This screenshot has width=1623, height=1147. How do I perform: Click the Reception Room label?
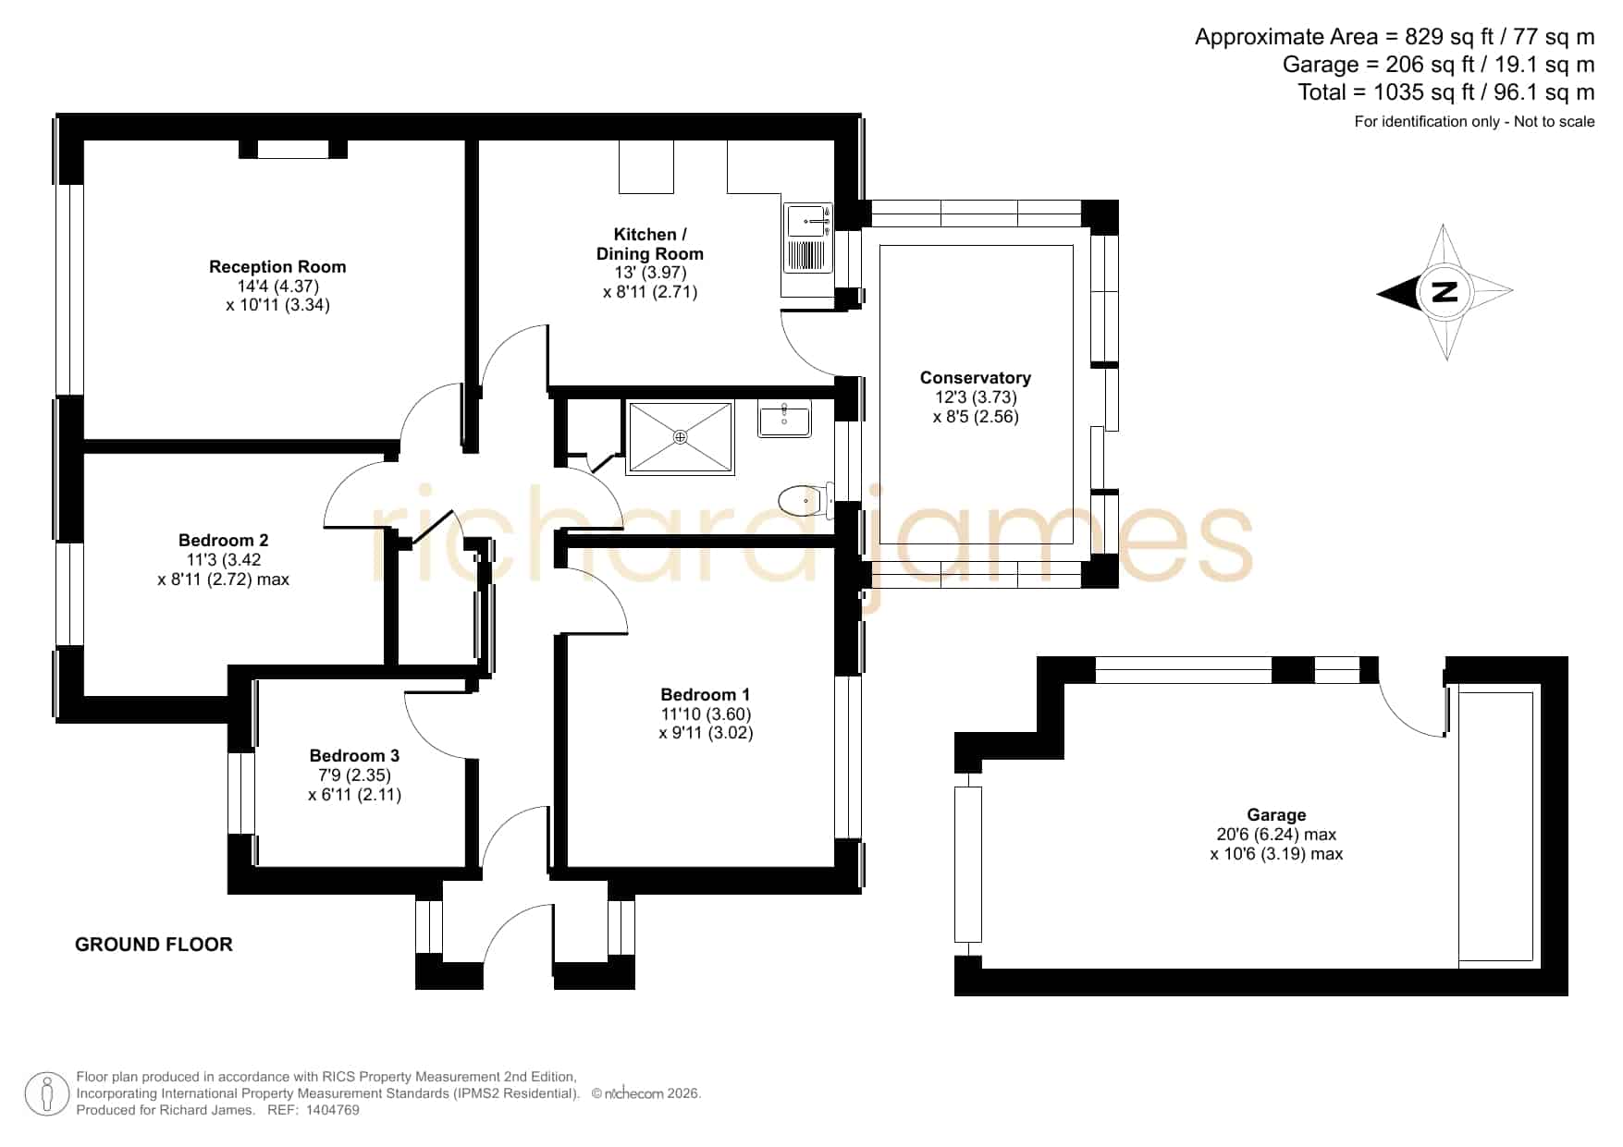point(277,267)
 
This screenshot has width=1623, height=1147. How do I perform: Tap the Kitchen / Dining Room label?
point(650,244)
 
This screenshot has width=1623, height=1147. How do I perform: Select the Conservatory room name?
point(976,377)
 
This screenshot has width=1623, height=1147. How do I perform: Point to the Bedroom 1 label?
point(706,694)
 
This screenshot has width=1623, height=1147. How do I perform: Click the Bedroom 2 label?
point(224,540)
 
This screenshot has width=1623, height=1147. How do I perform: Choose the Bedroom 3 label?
point(354,755)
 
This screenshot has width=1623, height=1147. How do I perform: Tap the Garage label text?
point(1276,814)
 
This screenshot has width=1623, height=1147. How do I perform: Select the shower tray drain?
point(681,436)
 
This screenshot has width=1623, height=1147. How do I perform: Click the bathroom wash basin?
point(784,419)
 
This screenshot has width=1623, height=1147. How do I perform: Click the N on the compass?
point(1445,292)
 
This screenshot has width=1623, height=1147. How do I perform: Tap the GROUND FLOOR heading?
point(154,945)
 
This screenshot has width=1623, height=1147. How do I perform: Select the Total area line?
point(1446,92)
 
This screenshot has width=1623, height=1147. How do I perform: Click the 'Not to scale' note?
point(1555,121)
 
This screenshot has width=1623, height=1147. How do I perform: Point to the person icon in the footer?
point(46,1094)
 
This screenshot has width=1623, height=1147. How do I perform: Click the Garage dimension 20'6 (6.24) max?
point(1276,834)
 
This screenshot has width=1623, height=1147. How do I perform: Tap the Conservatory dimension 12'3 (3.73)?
point(976,397)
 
